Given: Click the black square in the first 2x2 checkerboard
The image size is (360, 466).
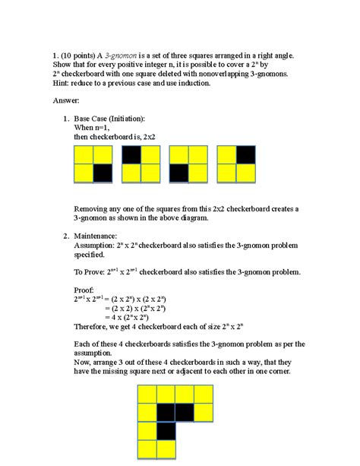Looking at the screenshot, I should (102, 173).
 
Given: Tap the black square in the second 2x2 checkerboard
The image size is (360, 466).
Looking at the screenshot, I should (131, 155).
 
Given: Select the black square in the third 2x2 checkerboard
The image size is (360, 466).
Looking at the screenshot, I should (178, 173).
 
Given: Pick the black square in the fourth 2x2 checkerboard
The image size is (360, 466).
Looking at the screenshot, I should (246, 155).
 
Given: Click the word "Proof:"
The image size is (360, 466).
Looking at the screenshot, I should (84, 290).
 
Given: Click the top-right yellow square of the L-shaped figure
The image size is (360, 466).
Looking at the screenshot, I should (204, 394).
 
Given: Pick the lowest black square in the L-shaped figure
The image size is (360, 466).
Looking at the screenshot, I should (166, 431).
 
